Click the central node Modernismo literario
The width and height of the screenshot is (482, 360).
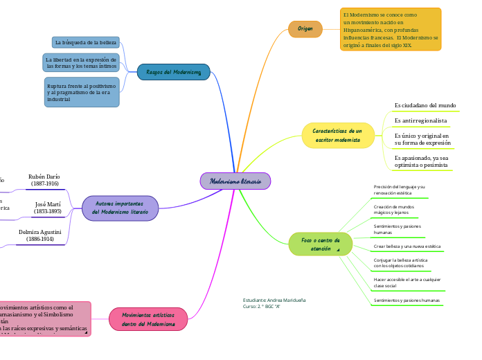(235, 181)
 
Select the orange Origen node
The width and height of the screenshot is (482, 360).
(305, 29)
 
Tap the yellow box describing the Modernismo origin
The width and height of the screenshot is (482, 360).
(391, 30)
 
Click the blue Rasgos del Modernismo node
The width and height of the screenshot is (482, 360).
(173, 72)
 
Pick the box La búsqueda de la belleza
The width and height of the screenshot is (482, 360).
(85, 43)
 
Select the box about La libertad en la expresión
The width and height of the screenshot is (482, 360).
(81, 63)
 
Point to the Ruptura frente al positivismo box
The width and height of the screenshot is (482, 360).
(81, 92)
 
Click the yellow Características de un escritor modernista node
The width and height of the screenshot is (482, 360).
(337, 135)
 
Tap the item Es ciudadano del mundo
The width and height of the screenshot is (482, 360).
(425, 105)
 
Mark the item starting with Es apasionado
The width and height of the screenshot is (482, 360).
(421, 161)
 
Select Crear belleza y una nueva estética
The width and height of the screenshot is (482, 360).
(407, 246)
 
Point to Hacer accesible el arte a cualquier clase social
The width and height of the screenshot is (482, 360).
(407, 282)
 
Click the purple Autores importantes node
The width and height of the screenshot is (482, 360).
(120, 208)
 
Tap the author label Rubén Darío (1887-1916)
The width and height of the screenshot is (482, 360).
(45, 180)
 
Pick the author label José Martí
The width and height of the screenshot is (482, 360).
(48, 208)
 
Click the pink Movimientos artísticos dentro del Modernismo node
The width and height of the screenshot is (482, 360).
(148, 319)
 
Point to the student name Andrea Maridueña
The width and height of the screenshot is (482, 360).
(274, 300)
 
